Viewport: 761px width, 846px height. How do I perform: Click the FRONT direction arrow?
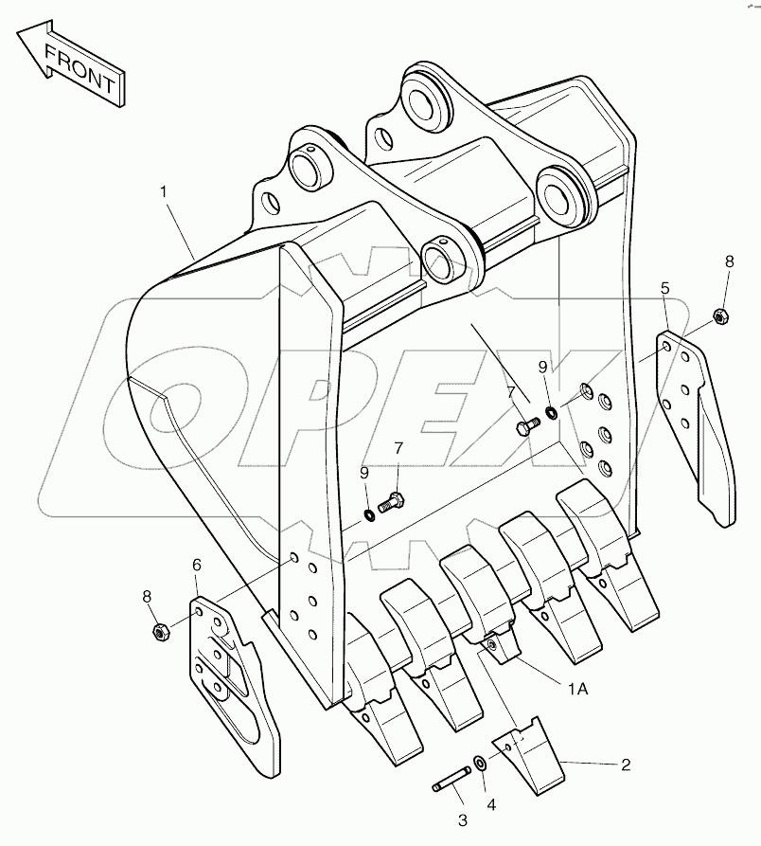click(x=71, y=63)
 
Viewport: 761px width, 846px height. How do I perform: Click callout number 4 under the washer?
click(x=489, y=805)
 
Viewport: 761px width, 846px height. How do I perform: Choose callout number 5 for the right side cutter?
click(x=665, y=288)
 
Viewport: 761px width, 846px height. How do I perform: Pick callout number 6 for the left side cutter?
click(x=196, y=565)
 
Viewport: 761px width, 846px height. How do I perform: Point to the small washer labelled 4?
click(x=481, y=765)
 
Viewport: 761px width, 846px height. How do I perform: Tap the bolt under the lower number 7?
click(x=390, y=503)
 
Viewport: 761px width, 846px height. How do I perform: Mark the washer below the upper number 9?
click(x=552, y=412)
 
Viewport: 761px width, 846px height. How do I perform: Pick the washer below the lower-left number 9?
click(x=367, y=514)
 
